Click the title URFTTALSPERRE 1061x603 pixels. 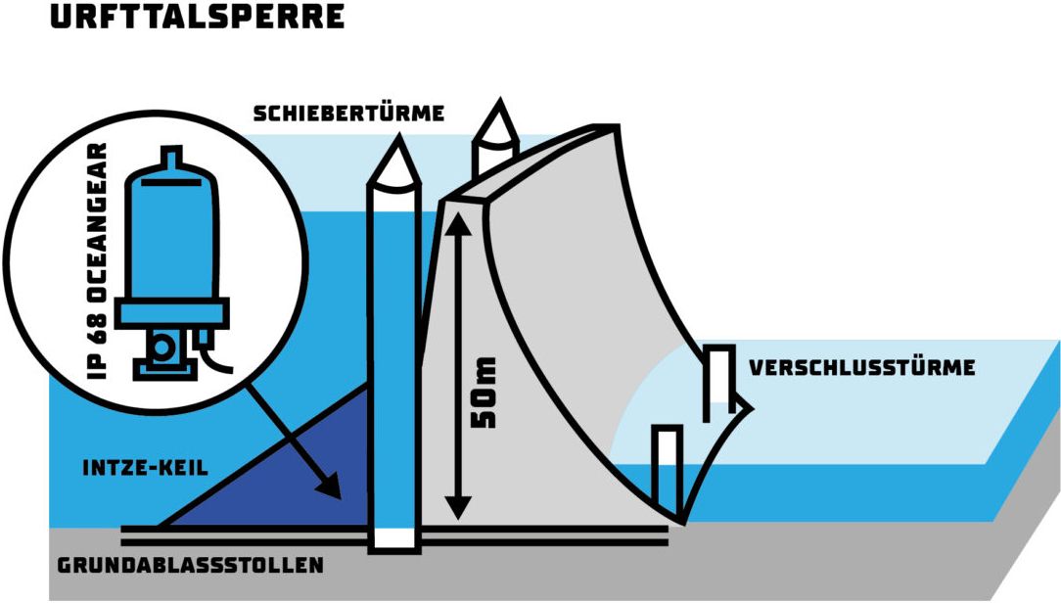(x=198, y=17)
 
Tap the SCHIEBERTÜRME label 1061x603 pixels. (x=348, y=114)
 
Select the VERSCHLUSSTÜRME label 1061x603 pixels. (x=861, y=368)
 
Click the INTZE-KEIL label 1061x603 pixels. (x=145, y=468)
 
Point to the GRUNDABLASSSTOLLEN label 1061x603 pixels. (x=191, y=566)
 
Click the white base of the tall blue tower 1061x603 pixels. (x=392, y=537)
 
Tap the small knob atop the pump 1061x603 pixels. (x=171, y=156)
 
